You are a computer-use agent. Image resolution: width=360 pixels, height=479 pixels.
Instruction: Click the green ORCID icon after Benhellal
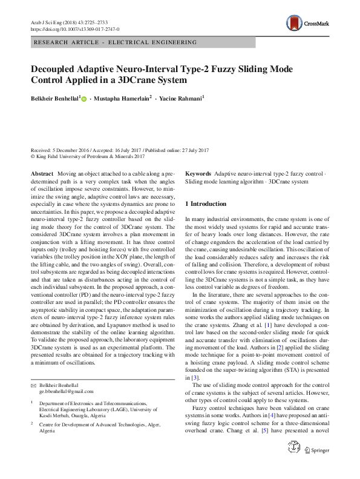(83, 98)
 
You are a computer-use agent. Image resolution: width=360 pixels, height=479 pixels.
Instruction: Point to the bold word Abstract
(42, 173)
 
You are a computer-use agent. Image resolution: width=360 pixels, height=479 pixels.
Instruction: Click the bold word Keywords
(198, 173)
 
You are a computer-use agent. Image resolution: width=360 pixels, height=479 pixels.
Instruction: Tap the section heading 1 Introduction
(206, 204)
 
